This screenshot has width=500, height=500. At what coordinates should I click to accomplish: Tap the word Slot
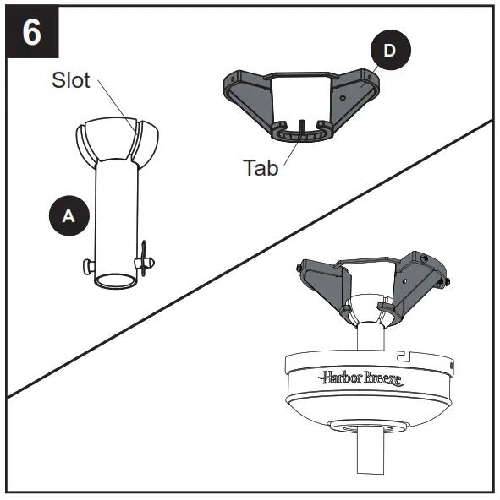(x=72, y=81)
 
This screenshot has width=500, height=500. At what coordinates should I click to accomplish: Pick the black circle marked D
(x=388, y=51)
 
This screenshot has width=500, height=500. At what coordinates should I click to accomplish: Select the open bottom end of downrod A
(x=116, y=281)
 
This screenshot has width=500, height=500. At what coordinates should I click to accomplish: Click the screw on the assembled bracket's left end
(x=299, y=269)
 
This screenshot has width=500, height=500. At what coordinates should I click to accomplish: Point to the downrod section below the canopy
(x=371, y=465)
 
